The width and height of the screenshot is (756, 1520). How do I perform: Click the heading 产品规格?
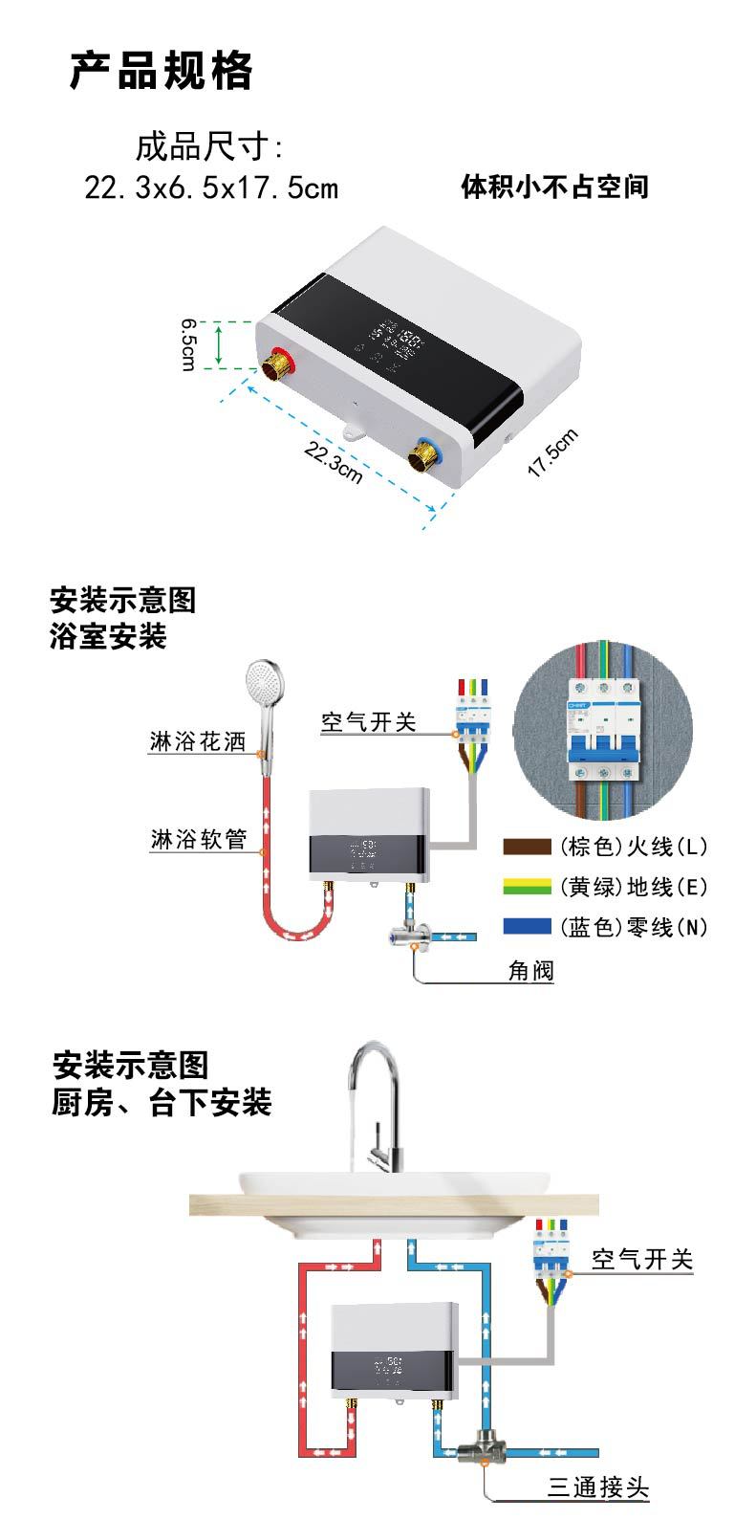[x=162, y=72]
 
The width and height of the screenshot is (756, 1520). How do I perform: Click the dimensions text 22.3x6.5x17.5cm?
[x=211, y=187]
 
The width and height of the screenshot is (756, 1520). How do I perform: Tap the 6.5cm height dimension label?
[x=189, y=345]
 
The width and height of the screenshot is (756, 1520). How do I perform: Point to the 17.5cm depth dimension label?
[x=553, y=453]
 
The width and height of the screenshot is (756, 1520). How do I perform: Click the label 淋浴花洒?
[x=197, y=742]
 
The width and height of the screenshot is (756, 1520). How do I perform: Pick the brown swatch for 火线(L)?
[x=527, y=846]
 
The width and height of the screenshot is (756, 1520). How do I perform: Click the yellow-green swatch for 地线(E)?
[x=527, y=887]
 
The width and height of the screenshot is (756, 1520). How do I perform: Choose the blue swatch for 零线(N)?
[x=527, y=926]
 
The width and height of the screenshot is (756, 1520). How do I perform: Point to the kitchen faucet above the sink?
[x=375, y=1100]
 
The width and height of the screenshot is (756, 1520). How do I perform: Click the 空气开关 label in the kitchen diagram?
[x=641, y=1259]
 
